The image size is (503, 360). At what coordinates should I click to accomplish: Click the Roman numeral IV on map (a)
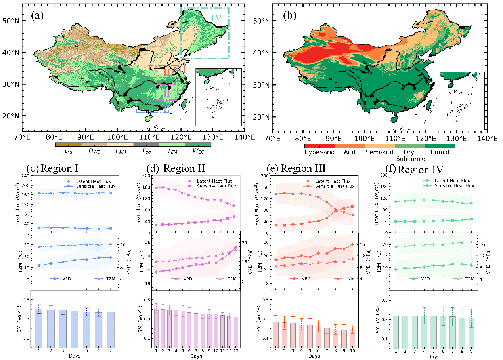point(216,18)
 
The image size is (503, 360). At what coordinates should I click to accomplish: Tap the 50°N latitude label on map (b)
point(261,21)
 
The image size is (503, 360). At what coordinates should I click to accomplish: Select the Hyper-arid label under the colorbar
point(319,152)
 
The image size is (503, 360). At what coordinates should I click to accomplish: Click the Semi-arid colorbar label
point(379,152)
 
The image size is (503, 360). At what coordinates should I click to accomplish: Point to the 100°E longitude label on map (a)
point(117,137)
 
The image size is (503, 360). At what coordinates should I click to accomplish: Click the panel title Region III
point(303,168)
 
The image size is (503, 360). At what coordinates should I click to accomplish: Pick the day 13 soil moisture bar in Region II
point(236,332)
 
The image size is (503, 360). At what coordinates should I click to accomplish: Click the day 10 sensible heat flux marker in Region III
point(352,206)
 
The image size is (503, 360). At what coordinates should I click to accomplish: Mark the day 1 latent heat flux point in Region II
point(156,188)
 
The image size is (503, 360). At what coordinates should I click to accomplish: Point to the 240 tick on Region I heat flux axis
point(25,176)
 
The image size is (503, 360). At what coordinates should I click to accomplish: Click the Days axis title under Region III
point(314,356)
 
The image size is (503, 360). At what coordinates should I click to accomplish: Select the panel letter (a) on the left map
point(37,16)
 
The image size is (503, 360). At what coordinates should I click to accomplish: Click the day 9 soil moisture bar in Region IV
point(471,333)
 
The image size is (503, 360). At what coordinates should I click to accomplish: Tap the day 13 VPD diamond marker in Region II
point(236,248)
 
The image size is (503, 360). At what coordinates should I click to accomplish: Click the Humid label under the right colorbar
point(440,152)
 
